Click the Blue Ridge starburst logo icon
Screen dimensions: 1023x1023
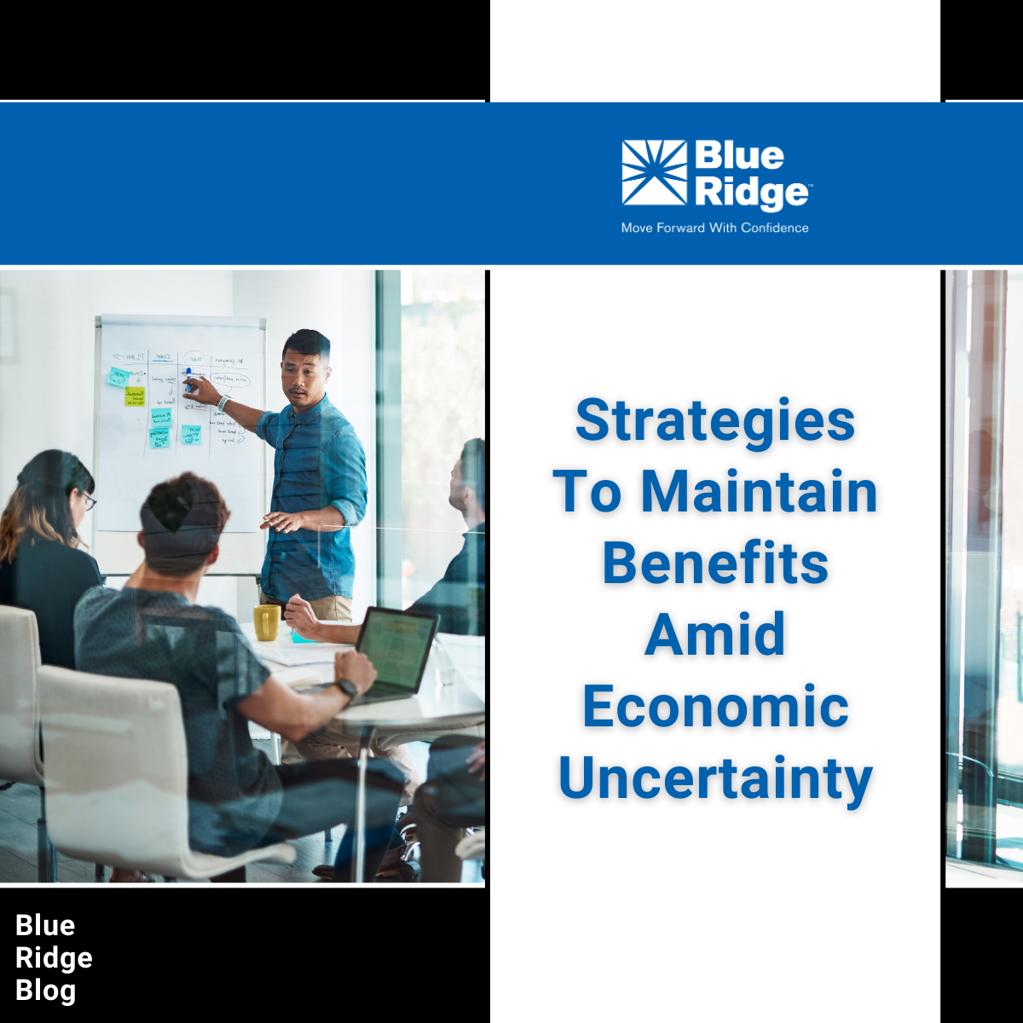(x=654, y=172)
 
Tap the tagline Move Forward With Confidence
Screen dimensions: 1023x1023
(x=714, y=228)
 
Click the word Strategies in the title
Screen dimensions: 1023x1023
(x=715, y=420)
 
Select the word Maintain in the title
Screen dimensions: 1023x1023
(x=759, y=492)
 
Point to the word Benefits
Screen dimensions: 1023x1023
(x=715, y=564)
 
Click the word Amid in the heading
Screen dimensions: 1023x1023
(x=715, y=635)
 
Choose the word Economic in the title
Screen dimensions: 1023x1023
(x=715, y=707)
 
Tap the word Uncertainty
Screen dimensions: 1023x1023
(x=715, y=778)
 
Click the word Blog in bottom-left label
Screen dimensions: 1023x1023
(x=45, y=991)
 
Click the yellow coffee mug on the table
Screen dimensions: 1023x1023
(x=266, y=622)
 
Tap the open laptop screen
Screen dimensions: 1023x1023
(x=396, y=650)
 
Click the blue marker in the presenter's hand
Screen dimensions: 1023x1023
(x=188, y=379)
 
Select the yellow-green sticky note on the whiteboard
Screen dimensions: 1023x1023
(x=135, y=396)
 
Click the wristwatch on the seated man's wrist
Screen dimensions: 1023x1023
(x=346, y=688)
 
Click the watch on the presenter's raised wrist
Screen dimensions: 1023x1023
(x=224, y=402)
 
